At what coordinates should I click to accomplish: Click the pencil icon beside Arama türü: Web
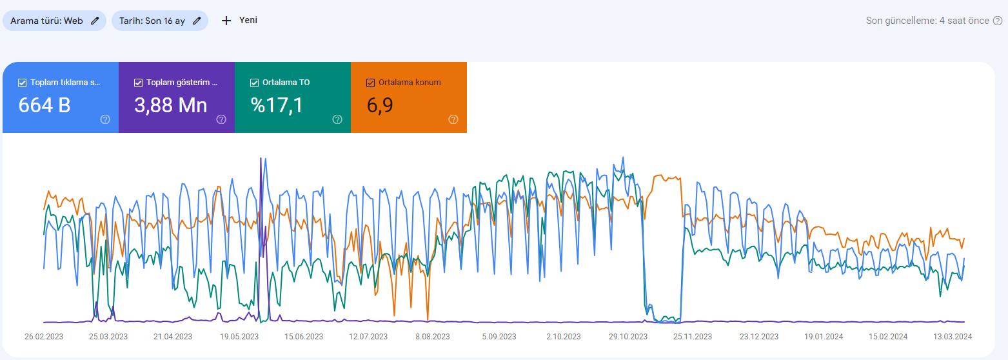pyautogui.click(x=95, y=21)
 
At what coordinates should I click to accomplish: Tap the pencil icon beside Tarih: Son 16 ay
pyautogui.click(x=197, y=21)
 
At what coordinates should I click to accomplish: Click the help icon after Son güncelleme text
pyautogui.click(x=998, y=21)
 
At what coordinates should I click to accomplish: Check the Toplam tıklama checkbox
pyautogui.click(x=22, y=83)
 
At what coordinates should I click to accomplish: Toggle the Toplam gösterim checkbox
pyautogui.click(x=138, y=83)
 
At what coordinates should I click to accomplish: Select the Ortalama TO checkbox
pyautogui.click(x=254, y=83)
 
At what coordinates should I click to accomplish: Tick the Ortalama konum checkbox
pyautogui.click(x=370, y=83)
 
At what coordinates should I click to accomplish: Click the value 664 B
pyautogui.click(x=44, y=105)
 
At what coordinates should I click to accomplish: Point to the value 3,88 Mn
pyautogui.click(x=170, y=106)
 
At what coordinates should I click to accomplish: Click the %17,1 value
pyautogui.click(x=276, y=106)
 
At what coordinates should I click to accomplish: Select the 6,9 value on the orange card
pyautogui.click(x=380, y=106)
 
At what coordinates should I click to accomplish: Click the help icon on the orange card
pyautogui.click(x=453, y=119)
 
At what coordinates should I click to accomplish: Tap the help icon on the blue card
pyautogui.click(x=105, y=119)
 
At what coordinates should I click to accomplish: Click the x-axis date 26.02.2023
pyautogui.click(x=44, y=337)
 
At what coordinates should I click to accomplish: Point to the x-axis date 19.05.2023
pyautogui.click(x=239, y=337)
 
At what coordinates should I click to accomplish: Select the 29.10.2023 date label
pyautogui.click(x=628, y=337)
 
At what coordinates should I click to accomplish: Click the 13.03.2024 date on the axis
pyautogui.click(x=952, y=337)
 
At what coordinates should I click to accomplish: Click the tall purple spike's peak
pyautogui.click(x=261, y=158)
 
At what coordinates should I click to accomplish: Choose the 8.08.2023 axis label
pyautogui.click(x=433, y=337)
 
